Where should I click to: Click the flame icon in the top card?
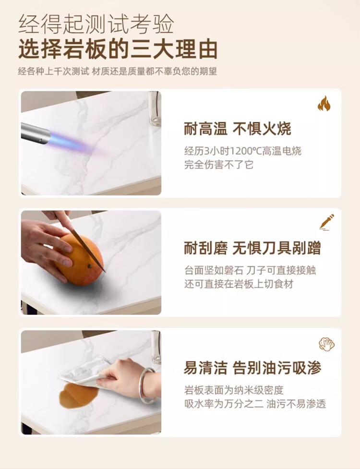click(x=324, y=104)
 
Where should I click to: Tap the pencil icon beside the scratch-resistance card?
click(x=326, y=222)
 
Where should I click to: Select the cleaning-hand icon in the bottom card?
click(x=326, y=344)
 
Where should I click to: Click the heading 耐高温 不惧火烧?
click(x=238, y=129)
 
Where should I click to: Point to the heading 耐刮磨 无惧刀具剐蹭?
click(x=252, y=248)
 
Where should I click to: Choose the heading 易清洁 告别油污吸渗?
click(x=252, y=368)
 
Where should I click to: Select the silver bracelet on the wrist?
click(x=146, y=385)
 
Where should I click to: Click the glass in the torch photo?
click(x=155, y=108)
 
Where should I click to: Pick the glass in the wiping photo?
click(x=156, y=347)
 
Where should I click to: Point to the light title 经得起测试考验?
click(x=96, y=24)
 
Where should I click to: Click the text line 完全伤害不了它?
click(x=218, y=165)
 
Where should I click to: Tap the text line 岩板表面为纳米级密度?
click(x=234, y=390)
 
